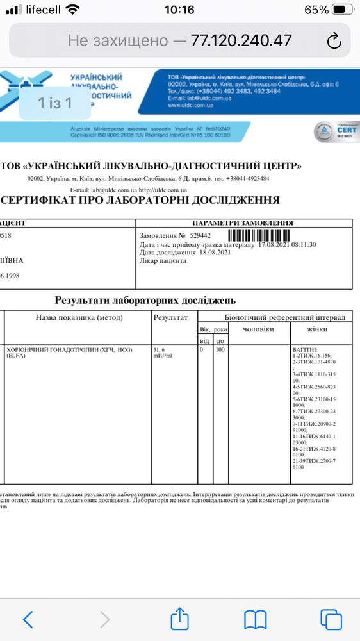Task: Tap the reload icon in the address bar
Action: coord(333,41)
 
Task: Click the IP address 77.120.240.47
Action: coord(241,40)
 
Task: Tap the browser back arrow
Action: coord(28,619)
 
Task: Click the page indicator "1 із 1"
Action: coord(54,103)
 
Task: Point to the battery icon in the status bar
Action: coord(343,10)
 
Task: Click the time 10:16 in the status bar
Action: coord(179,10)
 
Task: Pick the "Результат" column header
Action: coord(170,317)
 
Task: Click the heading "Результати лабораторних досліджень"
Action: coord(145,299)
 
